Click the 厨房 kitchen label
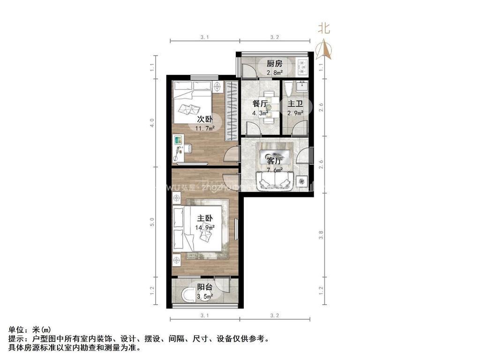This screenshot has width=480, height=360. pos(274,64)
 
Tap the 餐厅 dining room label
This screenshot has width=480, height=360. pos(260,104)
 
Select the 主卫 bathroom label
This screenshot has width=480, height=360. pos(295,104)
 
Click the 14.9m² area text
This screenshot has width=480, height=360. pos(205,228)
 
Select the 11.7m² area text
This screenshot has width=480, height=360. pos(205,128)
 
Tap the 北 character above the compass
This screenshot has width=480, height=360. pos(324,29)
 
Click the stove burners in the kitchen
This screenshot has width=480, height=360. pos(302,67)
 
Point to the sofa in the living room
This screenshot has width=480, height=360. pos(275,181)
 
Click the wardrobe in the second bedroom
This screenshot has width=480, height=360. pos(230,111)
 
